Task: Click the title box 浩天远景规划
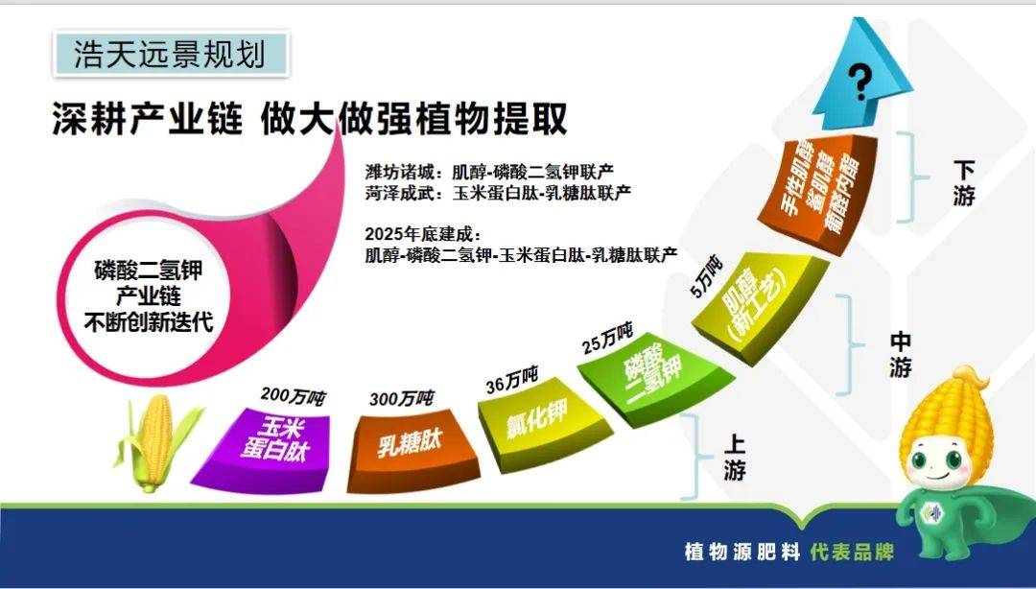[x=171, y=53]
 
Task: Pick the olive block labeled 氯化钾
[x=542, y=423]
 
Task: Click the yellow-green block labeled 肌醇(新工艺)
[x=759, y=304]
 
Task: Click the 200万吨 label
[x=294, y=396]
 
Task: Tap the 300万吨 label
[x=402, y=399]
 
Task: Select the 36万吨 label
[x=512, y=381]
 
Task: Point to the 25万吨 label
[x=608, y=338]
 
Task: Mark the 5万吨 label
[x=706, y=276]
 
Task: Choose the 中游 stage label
[x=901, y=355]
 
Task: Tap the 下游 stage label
[x=964, y=183]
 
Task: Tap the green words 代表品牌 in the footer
[x=853, y=552]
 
